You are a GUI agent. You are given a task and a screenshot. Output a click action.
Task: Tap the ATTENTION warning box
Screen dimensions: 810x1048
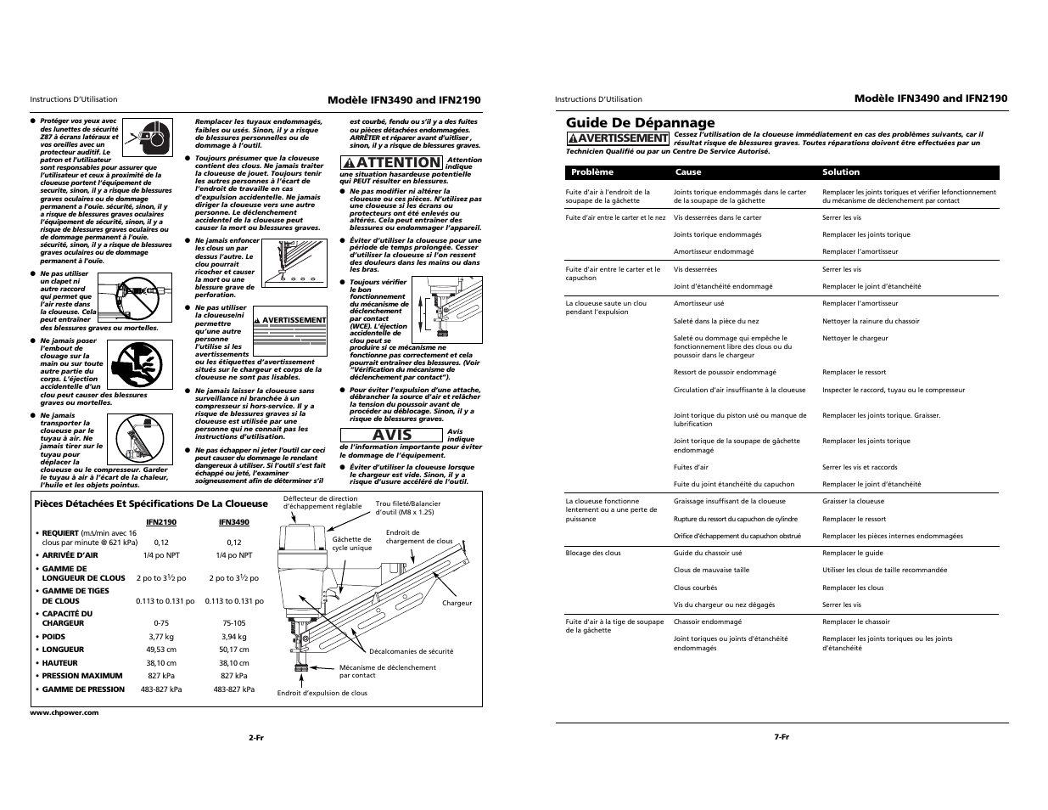(392, 162)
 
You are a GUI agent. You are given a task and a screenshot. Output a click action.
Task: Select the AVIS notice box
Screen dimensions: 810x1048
(392, 435)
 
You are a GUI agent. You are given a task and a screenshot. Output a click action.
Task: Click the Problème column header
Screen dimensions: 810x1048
(591, 172)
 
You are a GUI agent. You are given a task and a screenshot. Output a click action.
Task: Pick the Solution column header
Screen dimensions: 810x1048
(840, 172)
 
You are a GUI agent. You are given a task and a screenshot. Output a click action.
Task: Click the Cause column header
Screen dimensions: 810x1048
(687, 172)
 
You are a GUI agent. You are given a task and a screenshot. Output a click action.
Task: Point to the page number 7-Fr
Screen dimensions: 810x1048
(781, 737)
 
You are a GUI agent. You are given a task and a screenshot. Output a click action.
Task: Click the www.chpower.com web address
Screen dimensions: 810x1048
(64, 712)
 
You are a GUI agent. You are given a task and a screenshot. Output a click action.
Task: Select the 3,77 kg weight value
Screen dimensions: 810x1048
(161, 636)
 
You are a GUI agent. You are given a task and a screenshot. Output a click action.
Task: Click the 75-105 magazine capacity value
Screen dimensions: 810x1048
(233, 622)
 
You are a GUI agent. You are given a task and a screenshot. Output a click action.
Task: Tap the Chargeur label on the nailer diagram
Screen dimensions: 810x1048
(457, 603)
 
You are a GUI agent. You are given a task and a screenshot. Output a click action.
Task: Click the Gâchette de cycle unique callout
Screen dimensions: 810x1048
(351, 543)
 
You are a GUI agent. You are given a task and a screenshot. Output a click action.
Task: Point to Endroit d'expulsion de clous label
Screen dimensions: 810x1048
(322, 693)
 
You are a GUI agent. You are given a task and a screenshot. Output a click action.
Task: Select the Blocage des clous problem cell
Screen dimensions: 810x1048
(593, 553)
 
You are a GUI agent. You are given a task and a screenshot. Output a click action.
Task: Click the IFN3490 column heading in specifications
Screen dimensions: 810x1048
(233, 522)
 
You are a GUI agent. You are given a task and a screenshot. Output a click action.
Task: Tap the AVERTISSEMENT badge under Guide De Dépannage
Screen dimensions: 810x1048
(618, 138)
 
